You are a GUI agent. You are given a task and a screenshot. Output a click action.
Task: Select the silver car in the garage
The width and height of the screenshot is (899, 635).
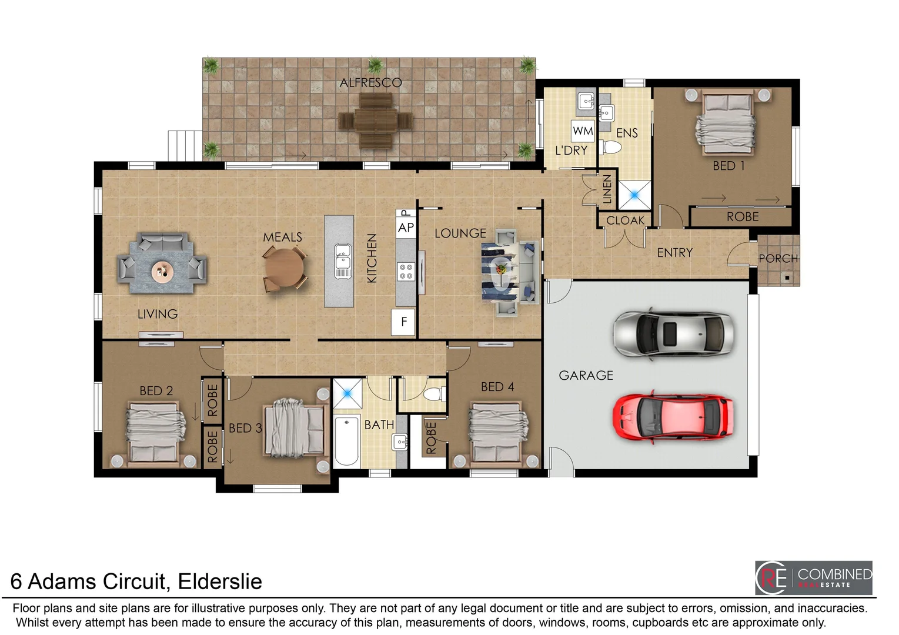tap(673, 333)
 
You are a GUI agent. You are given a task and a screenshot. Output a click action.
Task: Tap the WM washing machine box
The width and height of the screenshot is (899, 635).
tap(583, 131)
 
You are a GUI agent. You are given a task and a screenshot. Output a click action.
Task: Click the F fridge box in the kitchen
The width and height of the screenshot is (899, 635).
tap(404, 322)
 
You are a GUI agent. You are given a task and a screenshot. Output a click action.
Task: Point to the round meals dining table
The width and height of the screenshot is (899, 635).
tap(285, 268)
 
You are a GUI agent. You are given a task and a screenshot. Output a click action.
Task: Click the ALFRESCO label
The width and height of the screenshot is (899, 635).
tap(370, 83)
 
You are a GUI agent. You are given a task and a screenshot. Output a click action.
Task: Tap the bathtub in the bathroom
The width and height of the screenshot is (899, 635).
tap(347, 440)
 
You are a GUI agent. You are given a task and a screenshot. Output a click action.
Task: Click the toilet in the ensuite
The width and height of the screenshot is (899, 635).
tap(610, 147)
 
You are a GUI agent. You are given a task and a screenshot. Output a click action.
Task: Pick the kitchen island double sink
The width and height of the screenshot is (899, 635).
tap(343, 261)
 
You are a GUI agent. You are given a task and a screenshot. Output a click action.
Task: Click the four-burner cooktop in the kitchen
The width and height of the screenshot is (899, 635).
tap(406, 271)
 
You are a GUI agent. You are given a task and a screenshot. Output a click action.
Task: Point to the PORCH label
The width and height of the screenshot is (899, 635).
tap(778, 259)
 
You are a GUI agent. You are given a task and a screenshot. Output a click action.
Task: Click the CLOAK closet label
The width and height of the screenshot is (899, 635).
tap(625, 220)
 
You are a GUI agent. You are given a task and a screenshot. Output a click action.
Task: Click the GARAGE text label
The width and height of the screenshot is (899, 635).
tap(586, 375)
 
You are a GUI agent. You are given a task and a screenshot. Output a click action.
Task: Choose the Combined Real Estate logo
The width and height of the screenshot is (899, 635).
tap(813, 578)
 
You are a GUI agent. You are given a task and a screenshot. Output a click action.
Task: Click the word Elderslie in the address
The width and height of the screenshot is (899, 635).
tap(220, 581)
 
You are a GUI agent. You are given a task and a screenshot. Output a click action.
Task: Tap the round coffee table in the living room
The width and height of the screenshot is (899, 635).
tap(162, 272)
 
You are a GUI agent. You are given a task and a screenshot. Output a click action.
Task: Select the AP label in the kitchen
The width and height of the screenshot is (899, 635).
tap(406, 228)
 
